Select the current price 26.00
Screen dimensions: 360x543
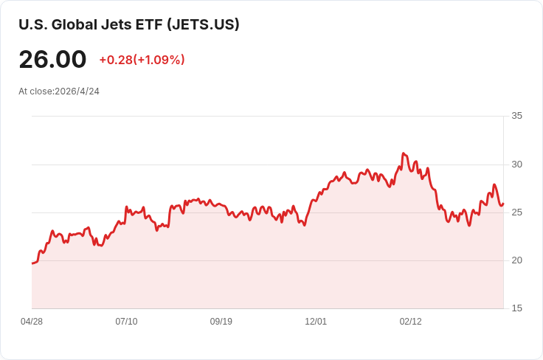[52, 60]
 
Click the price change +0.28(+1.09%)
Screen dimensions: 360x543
[142, 60]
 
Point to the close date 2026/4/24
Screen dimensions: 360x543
[77, 91]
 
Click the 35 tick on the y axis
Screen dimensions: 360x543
[516, 116]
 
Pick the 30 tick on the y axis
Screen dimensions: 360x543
[516, 164]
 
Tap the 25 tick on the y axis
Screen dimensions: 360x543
[516, 212]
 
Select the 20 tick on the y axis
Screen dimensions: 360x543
[516, 260]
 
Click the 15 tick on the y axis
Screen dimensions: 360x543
[516, 308]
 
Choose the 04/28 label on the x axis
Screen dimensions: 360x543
[32, 322]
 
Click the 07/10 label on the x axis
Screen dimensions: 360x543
[126, 322]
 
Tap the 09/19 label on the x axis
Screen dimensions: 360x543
[221, 322]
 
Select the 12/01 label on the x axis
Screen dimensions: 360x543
[316, 322]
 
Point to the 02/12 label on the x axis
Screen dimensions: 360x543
[410, 322]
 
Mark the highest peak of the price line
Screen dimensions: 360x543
[403, 153]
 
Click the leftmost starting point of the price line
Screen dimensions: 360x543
[32, 263]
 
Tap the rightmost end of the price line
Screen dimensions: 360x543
[503, 204]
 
